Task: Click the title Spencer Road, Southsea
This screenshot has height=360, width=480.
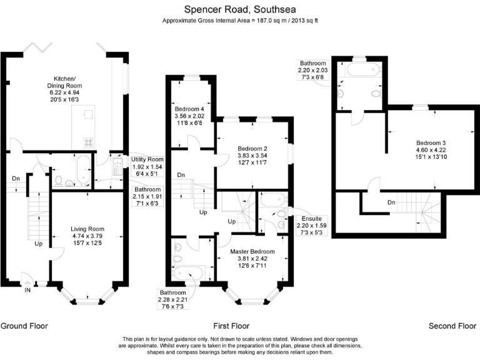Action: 241,9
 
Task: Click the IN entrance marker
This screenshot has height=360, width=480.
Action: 27,290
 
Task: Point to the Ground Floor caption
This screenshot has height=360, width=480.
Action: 24,326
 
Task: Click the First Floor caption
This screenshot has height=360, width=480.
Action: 231,326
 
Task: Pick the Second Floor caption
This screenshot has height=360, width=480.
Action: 452,326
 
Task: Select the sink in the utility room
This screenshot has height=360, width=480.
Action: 116,166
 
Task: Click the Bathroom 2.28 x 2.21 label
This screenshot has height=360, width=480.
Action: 172,299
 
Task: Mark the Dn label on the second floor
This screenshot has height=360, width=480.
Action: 391,202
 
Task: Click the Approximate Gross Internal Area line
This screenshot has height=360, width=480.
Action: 241,21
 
